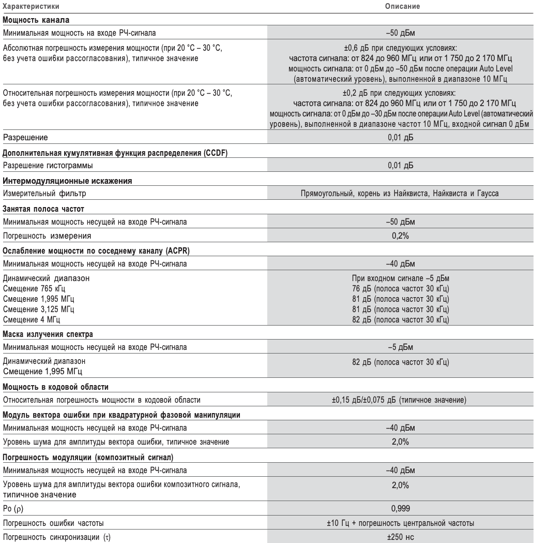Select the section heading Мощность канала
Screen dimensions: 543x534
click(x=36, y=21)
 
